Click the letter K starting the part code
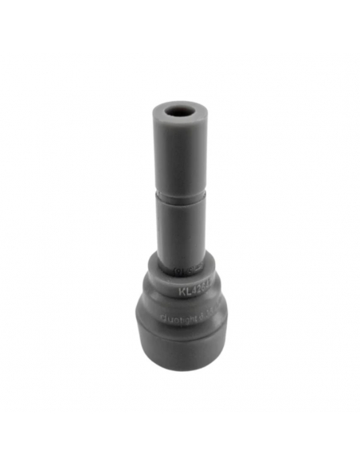pos(182,291)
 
